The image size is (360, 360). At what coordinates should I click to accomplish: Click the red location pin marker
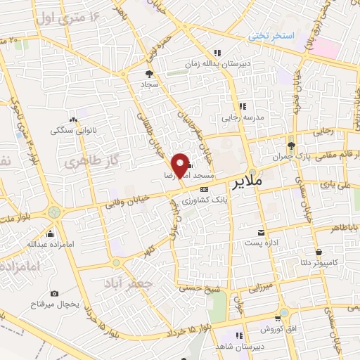pyautogui.click(x=181, y=165)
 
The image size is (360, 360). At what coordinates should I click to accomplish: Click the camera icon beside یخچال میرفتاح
pyautogui.click(x=55, y=292)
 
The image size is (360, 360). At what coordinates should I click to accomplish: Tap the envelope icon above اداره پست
pyautogui.click(x=262, y=233)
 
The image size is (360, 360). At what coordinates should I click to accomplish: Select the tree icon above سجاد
pyautogui.click(x=149, y=72)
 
